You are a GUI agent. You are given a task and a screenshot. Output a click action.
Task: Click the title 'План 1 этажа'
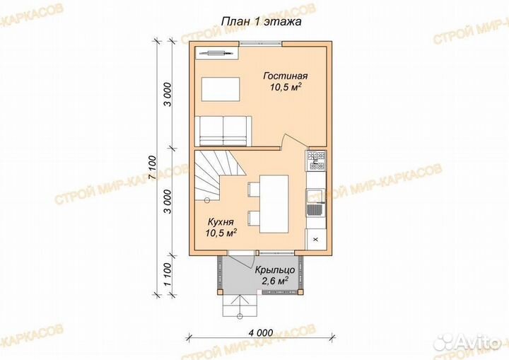tap(262, 22)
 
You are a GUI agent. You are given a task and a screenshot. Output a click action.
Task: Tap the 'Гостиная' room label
tap(286, 76)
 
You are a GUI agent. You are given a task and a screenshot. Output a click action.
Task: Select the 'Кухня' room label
tap(221, 222)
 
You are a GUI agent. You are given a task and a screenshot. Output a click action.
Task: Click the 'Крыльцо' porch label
tap(274, 270)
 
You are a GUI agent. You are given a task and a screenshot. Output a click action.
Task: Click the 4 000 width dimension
tap(261, 333)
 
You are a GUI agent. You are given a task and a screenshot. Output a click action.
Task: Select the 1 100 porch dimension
tap(167, 274)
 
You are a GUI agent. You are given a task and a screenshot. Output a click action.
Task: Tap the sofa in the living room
tap(223, 132)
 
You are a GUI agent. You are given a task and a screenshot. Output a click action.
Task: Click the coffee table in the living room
tap(221, 89)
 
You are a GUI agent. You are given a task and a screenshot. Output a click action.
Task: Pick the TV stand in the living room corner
tap(217, 53)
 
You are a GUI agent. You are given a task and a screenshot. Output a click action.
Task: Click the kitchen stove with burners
tap(316, 161)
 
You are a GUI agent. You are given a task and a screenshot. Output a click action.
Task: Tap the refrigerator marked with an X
tap(316, 240)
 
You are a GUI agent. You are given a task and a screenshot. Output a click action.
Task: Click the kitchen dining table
tap(274, 204)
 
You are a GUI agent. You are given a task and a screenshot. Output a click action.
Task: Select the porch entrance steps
tap(240, 306)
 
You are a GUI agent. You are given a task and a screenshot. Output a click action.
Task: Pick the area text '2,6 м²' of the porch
tap(275, 281)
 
